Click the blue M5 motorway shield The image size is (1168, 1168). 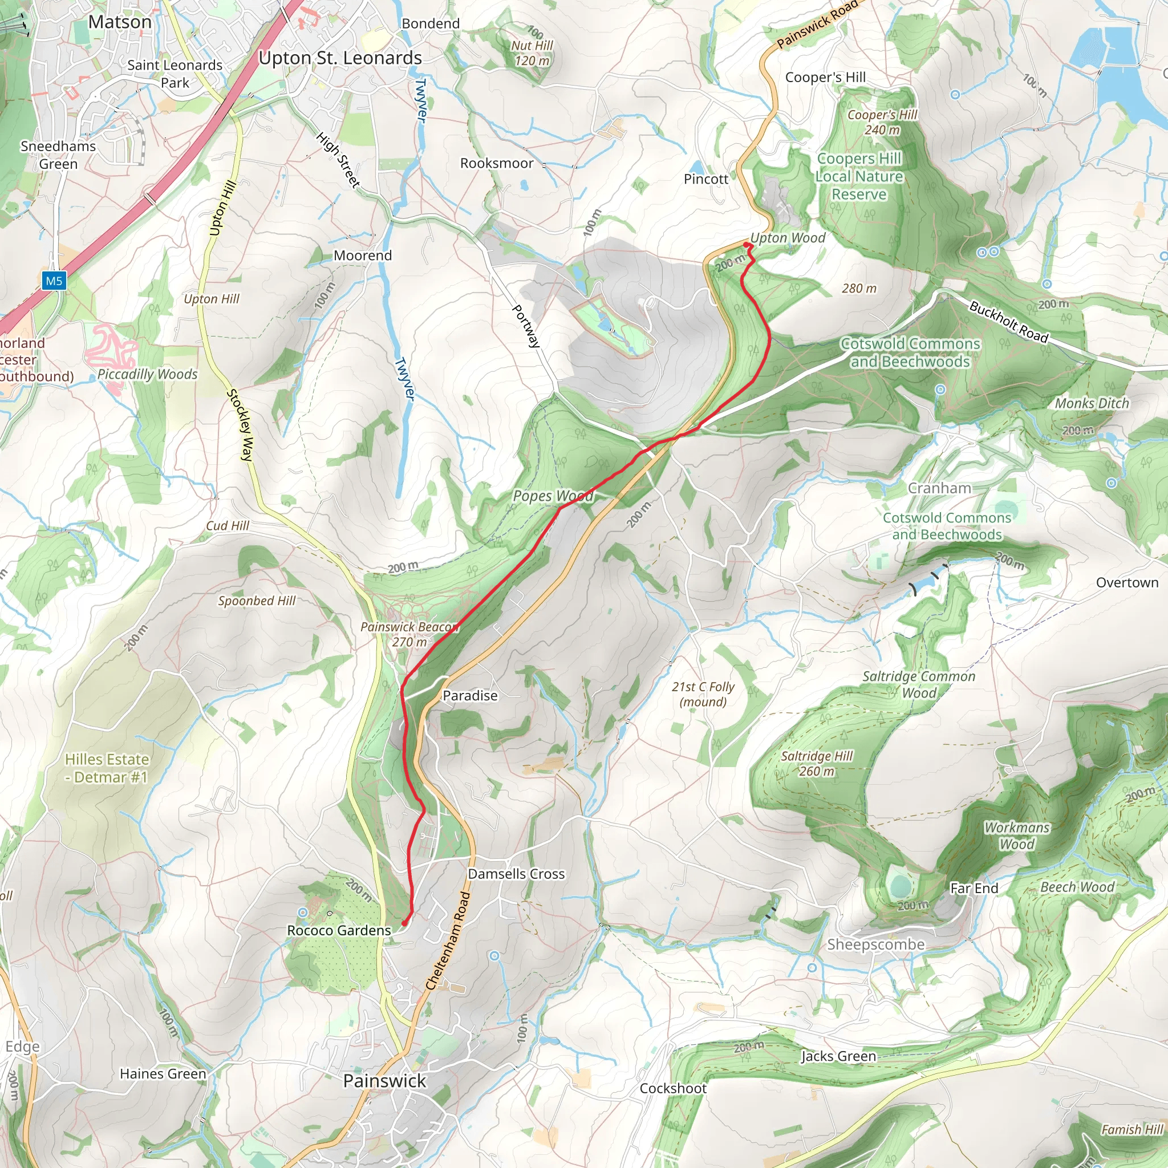(x=54, y=281)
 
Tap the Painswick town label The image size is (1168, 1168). (x=384, y=1080)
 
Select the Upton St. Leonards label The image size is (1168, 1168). (x=340, y=58)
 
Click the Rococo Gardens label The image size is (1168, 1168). (x=339, y=930)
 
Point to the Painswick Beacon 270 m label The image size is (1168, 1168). (x=409, y=634)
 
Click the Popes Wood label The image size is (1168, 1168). (x=553, y=496)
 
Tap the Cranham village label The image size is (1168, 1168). (x=939, y=488)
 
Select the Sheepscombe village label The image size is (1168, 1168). (x=875, y=944)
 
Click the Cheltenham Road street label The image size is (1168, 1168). (x=448, y=940)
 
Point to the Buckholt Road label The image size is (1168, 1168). (x=1008, y=322)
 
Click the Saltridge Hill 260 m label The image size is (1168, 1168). (x=816, y=764)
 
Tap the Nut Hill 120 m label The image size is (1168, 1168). (x=532, y=53)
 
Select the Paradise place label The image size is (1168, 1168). (x=470, y=696)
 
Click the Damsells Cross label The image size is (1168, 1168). (x=516, y=874)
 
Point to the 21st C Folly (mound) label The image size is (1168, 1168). (x=703, y=694)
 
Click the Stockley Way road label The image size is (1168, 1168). (x=240, y=425)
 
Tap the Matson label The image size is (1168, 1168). (x=120, y=22)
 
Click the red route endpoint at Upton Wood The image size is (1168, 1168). (x=746, y=245)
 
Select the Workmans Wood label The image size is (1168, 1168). (x=1017, y=836)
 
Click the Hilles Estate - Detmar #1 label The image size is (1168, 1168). (x=107, y=768)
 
